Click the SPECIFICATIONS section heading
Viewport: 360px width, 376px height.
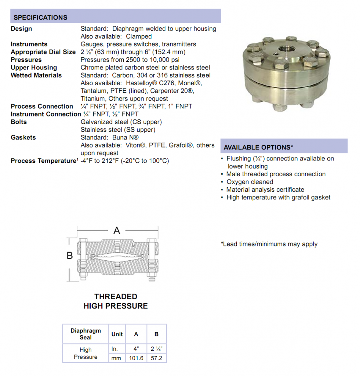(40, 17)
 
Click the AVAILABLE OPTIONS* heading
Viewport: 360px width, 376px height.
(258, 147)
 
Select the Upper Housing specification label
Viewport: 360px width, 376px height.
(34, 68)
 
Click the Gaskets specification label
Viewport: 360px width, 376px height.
(23, 137)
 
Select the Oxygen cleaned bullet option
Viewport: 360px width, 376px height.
(250, 182)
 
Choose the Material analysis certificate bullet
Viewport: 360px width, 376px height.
(265, 190)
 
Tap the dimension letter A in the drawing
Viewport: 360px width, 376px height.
(117, 231)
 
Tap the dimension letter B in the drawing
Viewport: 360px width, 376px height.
(70, 255)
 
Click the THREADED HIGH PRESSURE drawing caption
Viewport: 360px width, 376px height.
(116, 301)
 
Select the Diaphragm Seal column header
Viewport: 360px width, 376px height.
(86, 334)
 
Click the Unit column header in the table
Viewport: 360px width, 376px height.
(117, 334)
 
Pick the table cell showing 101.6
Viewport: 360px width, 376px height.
(136, 358)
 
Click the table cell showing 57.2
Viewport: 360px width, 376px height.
(156, 358)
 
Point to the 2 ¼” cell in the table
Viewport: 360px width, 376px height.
(156, 349)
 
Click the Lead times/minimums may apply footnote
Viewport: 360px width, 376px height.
(269, 244)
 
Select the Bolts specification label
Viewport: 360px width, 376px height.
(19, 122)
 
